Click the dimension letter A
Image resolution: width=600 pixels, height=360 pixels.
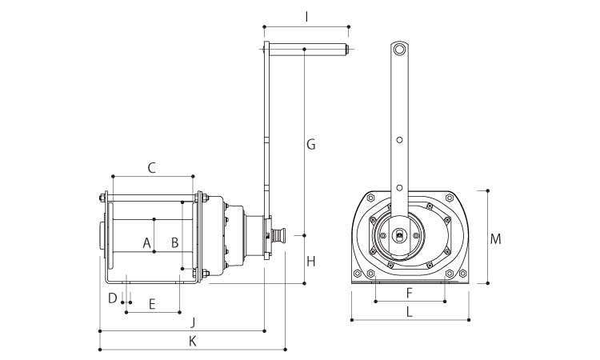point(146,243)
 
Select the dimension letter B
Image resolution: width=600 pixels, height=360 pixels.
point(175,243)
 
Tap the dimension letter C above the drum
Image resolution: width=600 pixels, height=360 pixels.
point(152,168)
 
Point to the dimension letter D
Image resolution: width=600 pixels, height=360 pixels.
point(112,298)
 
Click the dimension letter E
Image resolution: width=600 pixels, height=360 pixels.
point(152,305)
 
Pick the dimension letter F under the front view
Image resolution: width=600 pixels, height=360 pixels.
point(410,294)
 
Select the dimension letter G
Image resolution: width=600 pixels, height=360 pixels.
point(311,145)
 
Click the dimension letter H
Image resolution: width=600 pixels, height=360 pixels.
point(311,262)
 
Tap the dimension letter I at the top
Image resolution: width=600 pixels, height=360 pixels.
point(306,17)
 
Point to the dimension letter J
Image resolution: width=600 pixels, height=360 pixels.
point(194,323)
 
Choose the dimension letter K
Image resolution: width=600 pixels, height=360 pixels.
point(193,342)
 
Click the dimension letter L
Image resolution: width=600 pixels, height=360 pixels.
point(410,312)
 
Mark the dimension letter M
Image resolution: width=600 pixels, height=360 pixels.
point(495,239)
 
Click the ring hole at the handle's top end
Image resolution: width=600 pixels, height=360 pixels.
point(399,49)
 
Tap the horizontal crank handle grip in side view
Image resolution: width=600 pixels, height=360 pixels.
point(309,50)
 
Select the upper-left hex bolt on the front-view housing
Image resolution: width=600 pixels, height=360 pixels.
point(370,198)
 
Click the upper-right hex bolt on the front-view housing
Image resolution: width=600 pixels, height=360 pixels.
point(450,198)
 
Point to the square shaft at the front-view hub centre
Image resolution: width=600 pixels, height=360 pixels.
point(399,236)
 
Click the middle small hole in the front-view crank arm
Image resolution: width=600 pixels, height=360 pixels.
point(399,140)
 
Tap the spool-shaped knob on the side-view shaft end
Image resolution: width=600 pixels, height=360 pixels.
point(278,236)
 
